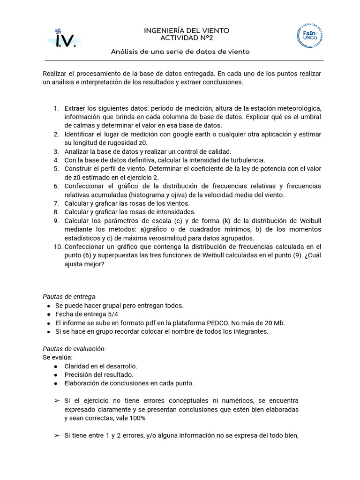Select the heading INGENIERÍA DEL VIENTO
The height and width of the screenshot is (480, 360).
coord(180,30)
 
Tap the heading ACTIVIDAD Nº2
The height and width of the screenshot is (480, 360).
coord(180,38)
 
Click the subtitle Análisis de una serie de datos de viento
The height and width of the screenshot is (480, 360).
coord(180,52)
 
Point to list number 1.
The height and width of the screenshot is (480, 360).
coord(56,109)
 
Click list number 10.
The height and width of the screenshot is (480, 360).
coord(58,247)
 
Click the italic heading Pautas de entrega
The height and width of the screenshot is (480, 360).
coord(69,297)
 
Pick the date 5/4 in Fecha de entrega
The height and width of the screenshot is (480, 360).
coord(112,314)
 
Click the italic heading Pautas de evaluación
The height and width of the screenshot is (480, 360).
coord(74,349)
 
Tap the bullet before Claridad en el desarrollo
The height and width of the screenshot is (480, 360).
coord(56,366)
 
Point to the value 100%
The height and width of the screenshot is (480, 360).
coord(136,418)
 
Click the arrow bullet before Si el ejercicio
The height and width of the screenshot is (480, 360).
coord(57,401)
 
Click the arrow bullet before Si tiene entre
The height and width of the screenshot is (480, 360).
coord(57,435)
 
